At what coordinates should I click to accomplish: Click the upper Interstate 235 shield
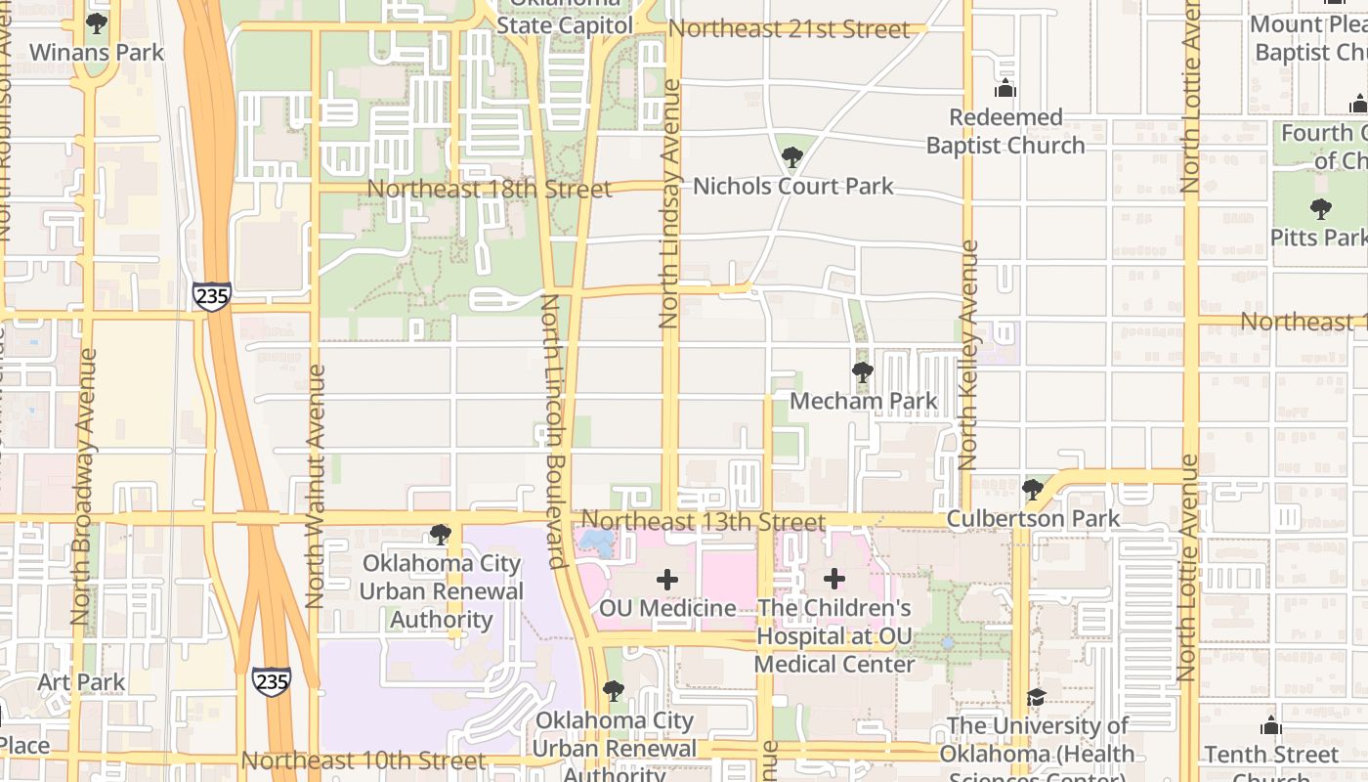[212, 296]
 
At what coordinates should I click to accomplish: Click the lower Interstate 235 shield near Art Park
[271, 680]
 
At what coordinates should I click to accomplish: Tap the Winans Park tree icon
[96, 22]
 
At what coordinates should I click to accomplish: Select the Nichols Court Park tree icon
[792, 156]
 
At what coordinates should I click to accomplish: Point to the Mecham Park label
[863, 401]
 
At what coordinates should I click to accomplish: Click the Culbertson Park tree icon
[1033, 489]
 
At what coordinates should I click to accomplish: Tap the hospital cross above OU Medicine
[667, 580]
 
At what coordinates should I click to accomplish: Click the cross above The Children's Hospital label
[834, 579]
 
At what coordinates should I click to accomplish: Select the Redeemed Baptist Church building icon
[1005, 90]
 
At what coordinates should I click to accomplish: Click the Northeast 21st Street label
[789, 29]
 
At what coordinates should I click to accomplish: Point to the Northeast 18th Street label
[489, 189]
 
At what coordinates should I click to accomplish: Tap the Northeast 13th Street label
[704, 521]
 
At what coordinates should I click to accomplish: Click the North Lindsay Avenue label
[669, 203]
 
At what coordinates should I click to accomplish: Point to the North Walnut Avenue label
[315, 486]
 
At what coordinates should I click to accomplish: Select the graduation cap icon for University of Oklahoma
[1036, 697]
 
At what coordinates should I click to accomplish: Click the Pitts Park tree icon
[1320, 208]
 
